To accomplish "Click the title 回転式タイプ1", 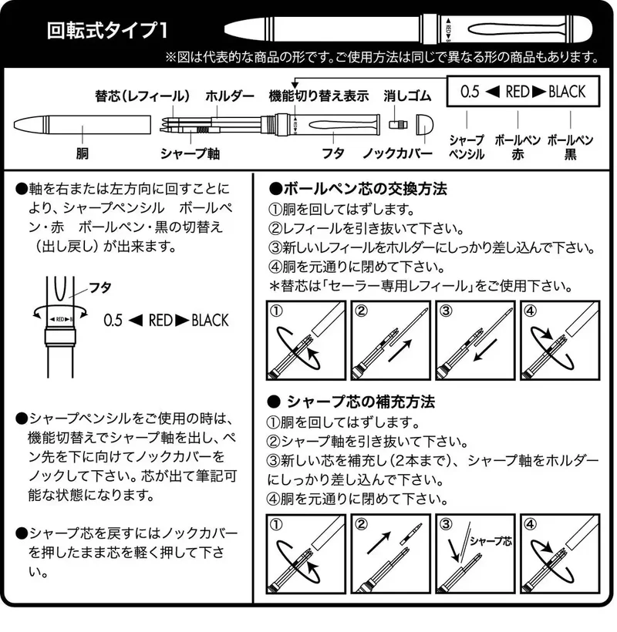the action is pos(107,30).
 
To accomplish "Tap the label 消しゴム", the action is pos(407,96).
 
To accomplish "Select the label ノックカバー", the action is pos(398,153).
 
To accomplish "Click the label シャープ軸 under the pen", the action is pos(190,153).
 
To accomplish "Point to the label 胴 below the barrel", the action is pos(83,153).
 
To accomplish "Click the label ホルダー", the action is pos(230,96).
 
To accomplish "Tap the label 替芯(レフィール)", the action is pos(143,96).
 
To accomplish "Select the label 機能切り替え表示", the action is pos(319,96).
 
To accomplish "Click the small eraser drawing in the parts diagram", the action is pos(398,124).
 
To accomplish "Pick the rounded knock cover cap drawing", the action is pos(425,124).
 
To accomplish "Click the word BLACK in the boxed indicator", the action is pos(567,92).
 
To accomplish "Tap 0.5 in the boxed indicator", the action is pos(470,92).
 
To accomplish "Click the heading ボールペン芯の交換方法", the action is pos(358,189).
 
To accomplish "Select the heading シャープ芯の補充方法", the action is pos(352,402).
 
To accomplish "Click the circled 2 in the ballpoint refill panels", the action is pos(361,311).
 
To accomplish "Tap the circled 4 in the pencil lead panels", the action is pos(530,524).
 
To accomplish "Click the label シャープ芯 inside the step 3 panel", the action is pos(491,541).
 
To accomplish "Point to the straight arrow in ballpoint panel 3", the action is pos(485,350).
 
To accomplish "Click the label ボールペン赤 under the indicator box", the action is pos(518,147).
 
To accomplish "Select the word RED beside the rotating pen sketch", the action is pos(160,321).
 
